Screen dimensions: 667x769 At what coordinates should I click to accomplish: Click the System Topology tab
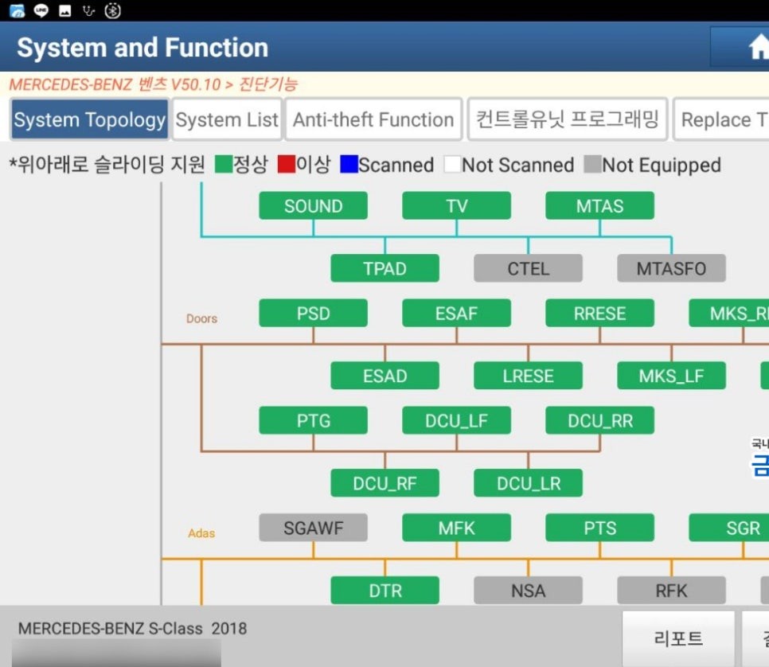tap(89, 120)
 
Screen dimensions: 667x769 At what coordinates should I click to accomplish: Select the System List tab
tap(227, 120)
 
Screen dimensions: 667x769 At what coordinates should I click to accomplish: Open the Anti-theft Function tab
tap(373, 120)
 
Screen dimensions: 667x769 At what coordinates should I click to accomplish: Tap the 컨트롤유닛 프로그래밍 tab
tap(567, 120)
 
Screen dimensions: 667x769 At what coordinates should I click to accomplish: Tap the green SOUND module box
tap(313, 206)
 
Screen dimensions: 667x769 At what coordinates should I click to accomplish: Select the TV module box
tap(456, 206)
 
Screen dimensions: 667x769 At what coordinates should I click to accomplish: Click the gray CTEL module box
tap(528, 268)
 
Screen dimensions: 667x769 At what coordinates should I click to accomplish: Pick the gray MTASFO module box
tap(671, 268)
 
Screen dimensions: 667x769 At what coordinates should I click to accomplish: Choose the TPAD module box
tap(384, 268)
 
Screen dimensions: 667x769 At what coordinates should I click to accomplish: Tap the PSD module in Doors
tap(313, 314)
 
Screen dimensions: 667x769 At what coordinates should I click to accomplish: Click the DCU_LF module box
tap(456, 421)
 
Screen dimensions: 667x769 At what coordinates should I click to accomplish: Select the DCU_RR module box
tap(599, 421)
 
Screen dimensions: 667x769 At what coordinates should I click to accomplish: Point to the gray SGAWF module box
tap(313, 528)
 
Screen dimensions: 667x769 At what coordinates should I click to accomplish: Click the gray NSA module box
tap(528, 591)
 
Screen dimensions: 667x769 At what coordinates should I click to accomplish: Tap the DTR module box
tap(384, 591)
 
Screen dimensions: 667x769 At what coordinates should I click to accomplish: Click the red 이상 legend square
tap(287, 165)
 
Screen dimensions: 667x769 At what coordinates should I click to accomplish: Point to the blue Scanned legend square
tap(348, 165)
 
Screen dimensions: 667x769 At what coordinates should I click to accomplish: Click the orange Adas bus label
tap(201, 533)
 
